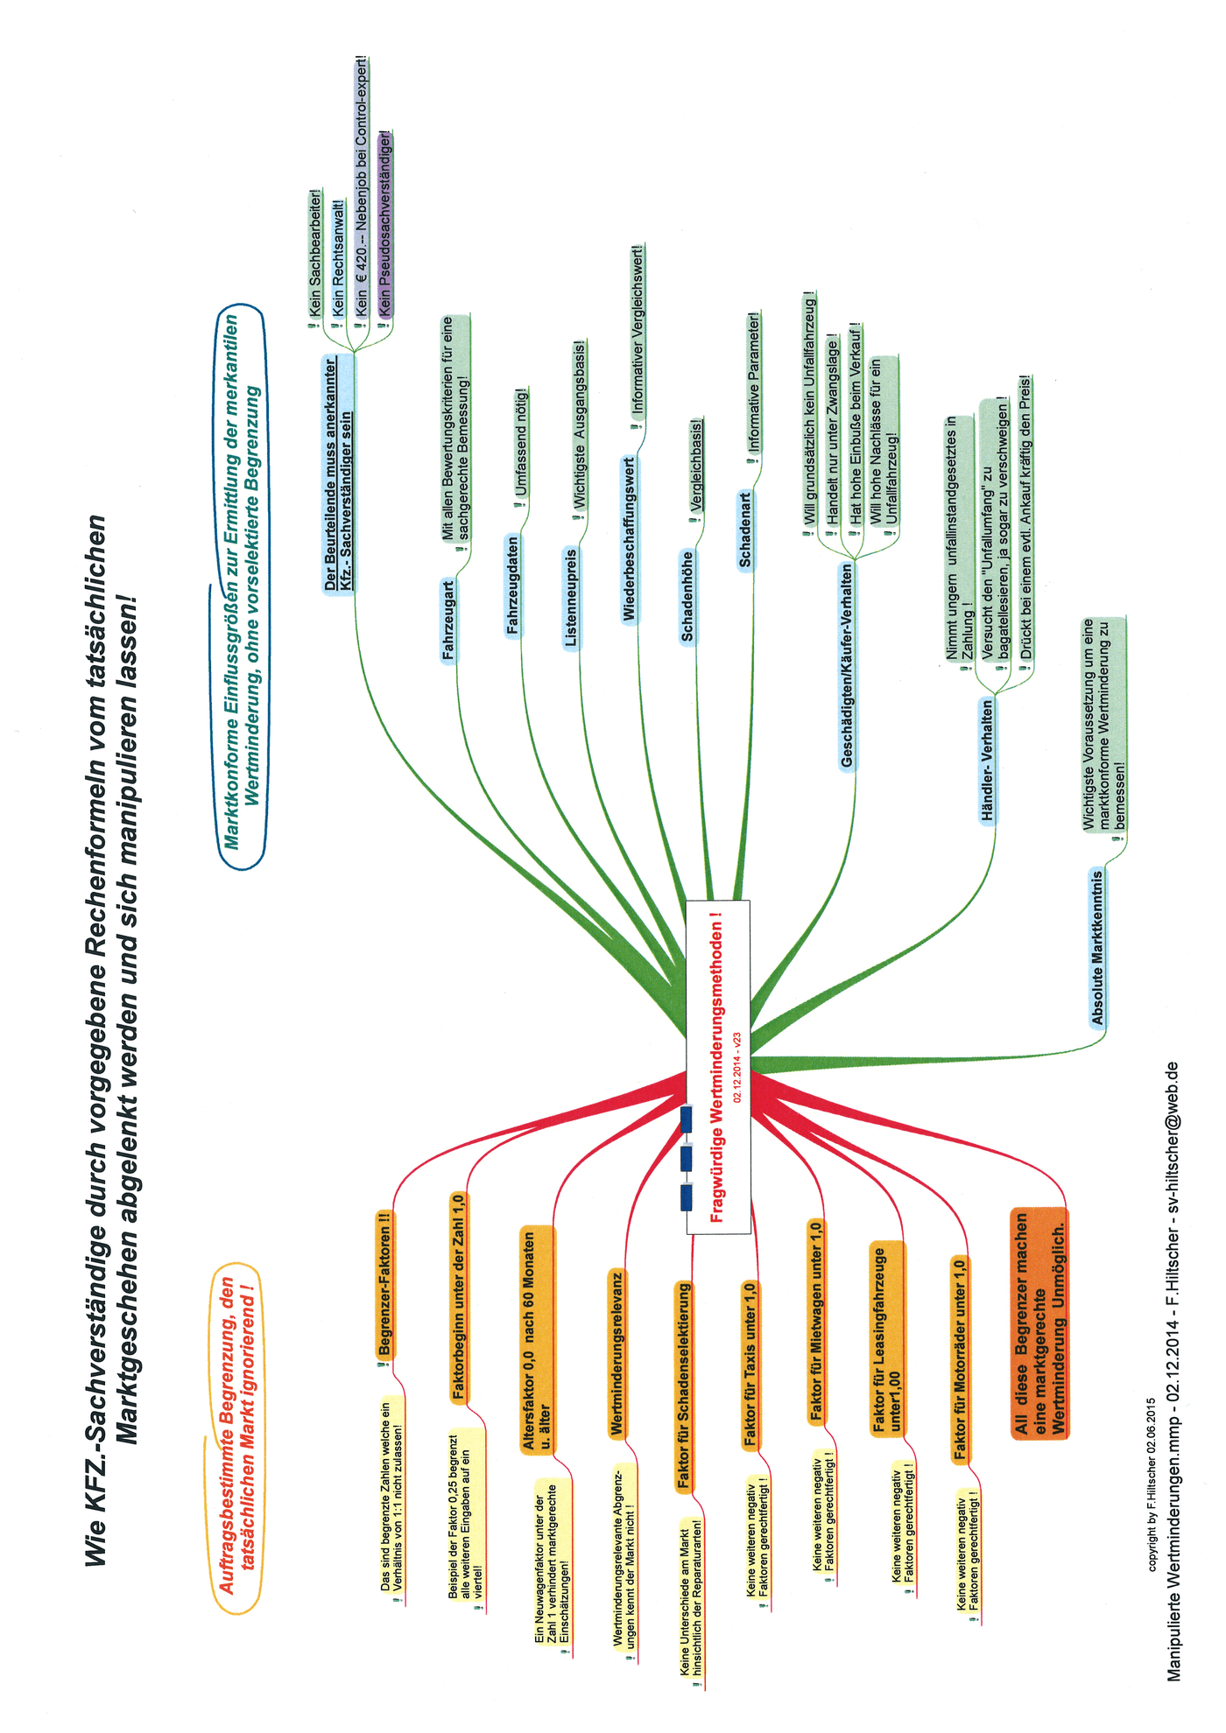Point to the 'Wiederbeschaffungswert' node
click(x=630, y=538)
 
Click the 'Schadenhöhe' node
click(x=687, y=595)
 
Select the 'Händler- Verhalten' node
click(x=988, y=760)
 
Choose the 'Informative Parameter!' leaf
click(x=754, y=382)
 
